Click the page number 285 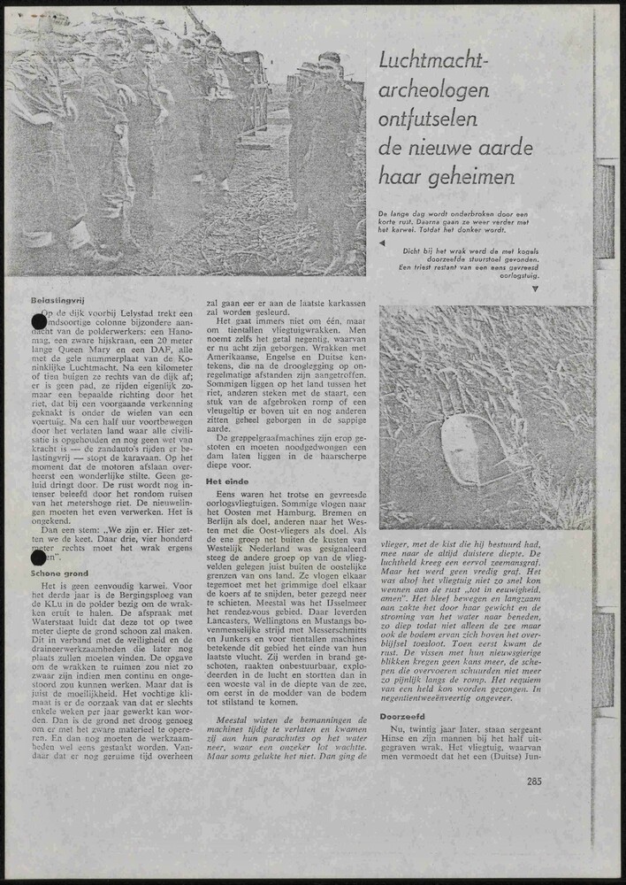(533, 781)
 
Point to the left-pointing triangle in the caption (382, 242)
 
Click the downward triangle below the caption (535, 289)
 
